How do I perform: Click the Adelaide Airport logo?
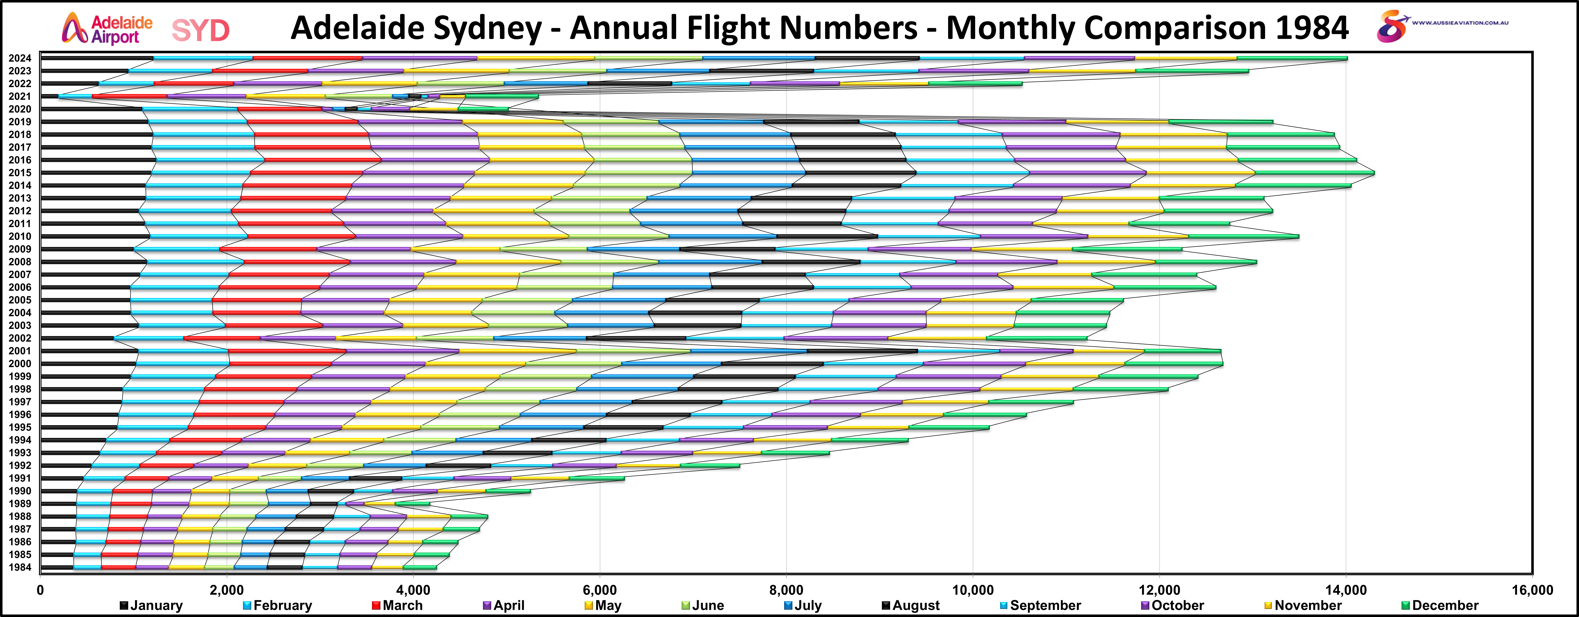pyautogui.click(x=107, y=29)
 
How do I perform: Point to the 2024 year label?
pyautogui.click(x=20, y=58)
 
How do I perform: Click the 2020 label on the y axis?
pyautogui.click(x=20, y=109)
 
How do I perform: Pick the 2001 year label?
pyautogui.click(x=20, y=351)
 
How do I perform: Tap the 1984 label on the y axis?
pyautogui.click(x=20, y=567)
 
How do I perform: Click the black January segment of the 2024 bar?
pyautogui.click(x=97, y=58)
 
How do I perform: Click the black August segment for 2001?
pyautogui.click(x=862, y=351)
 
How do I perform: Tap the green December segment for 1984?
pyautogui.click(x=420, y=567)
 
